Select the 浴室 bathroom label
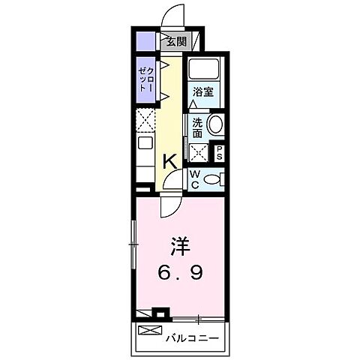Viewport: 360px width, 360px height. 202,91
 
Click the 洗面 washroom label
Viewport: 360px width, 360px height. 197,127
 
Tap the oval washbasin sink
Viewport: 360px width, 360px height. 216,124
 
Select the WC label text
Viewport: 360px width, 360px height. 193,178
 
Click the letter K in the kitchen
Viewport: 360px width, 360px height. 170,159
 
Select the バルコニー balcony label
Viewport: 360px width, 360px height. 192,337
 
